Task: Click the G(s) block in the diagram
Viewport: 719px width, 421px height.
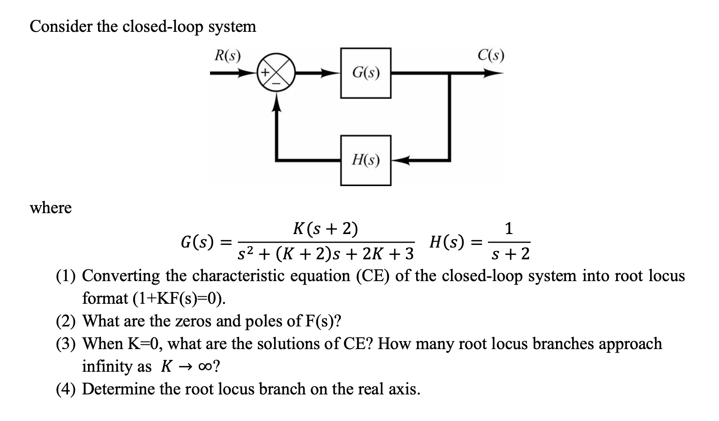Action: [x=366, y=73]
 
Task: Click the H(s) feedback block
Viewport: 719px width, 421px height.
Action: [x=366, y=160]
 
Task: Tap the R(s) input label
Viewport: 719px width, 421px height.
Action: [x=228, y=56]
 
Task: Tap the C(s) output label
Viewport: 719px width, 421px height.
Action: [x=490, y=55]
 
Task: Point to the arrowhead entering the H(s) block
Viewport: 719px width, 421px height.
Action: [x=398, y=160]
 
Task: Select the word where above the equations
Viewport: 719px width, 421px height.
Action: [x=51, y=208]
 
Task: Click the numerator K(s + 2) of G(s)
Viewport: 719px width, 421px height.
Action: [x=326, y=228]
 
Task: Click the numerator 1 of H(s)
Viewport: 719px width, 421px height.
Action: [x=509, y=228]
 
